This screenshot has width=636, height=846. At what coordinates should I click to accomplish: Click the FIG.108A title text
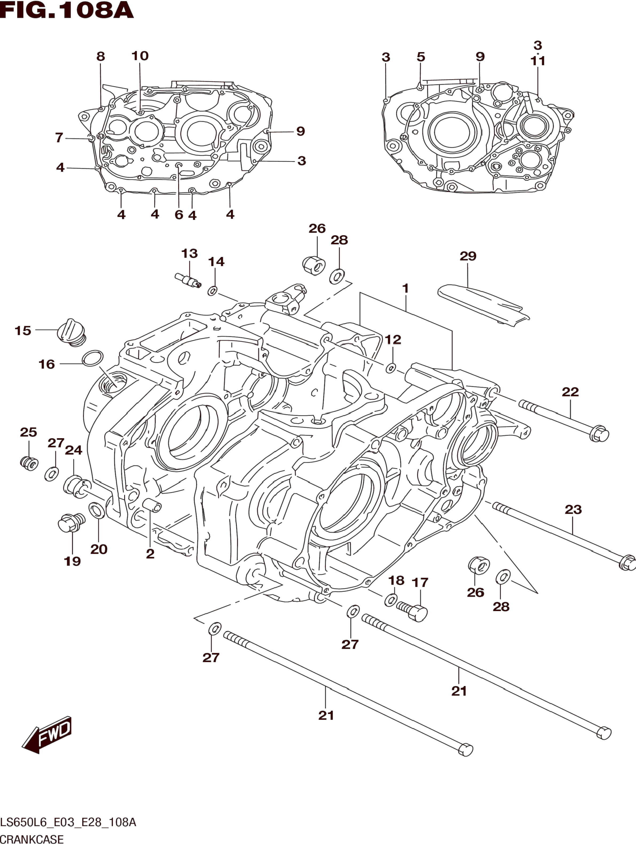[x=67, y=10]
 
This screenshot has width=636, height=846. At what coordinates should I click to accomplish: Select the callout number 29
[x=468, y=256]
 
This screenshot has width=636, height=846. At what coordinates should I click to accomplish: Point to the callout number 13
[x=189, y=253]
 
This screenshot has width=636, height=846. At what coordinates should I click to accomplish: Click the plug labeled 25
[x=29, y=463]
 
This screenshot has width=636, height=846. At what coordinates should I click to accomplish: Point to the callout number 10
[x=140, y=56]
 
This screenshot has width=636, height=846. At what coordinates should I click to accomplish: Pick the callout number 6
[x=179, y=215]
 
